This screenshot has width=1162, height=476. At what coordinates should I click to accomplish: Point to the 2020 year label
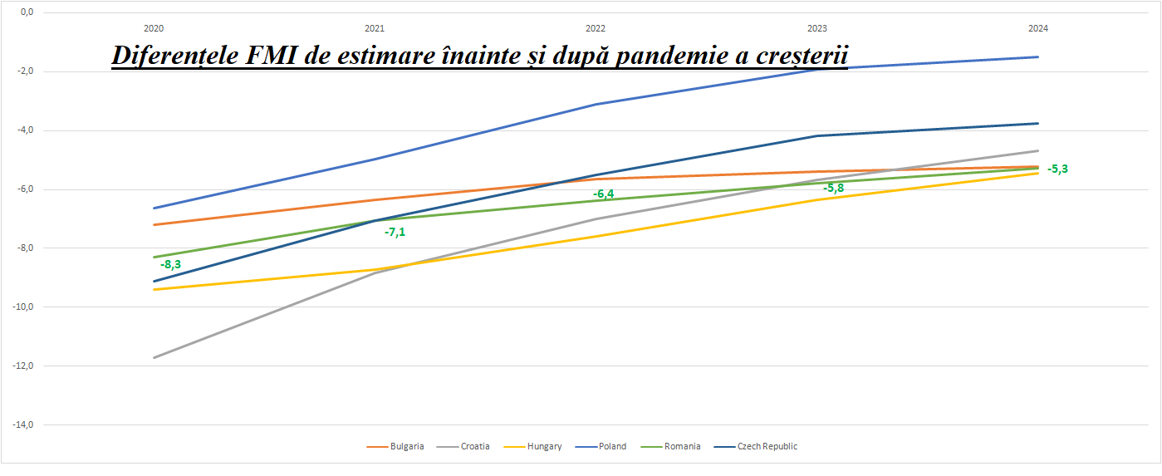154,28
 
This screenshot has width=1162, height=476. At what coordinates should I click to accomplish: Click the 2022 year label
596,28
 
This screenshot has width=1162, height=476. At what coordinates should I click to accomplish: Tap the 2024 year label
1037,28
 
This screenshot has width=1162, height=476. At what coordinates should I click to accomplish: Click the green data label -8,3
171,265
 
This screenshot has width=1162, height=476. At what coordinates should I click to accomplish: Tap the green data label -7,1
395,232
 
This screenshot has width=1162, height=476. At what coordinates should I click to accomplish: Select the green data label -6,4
604,194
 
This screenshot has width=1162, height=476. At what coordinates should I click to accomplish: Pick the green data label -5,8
834,189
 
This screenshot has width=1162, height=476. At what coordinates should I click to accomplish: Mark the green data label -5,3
1057,169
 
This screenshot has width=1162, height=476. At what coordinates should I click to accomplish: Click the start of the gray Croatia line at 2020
154,357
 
